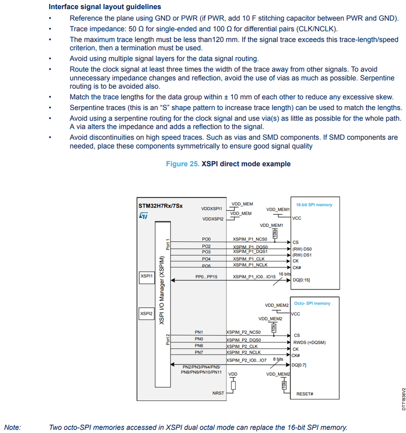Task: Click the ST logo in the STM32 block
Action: point(144,215)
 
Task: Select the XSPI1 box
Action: point(146,276)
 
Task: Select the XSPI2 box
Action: point(146,313)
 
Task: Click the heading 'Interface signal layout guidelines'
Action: point(105,7)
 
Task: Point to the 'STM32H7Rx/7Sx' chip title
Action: point(160,206)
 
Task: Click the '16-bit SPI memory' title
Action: point(314,205)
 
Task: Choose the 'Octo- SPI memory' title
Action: point(312,303)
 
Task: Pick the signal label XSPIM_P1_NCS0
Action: point(250,239)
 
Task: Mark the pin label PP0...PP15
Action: point(206,277)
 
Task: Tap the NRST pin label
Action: point(218,393)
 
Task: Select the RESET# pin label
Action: point(304,394)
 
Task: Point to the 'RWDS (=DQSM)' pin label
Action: point(309,342)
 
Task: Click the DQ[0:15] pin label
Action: point(301,280)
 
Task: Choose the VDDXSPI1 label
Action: point(212,208)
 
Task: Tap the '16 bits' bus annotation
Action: point(285,274)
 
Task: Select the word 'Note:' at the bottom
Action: point(13,427)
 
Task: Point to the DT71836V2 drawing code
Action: point(403,399)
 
